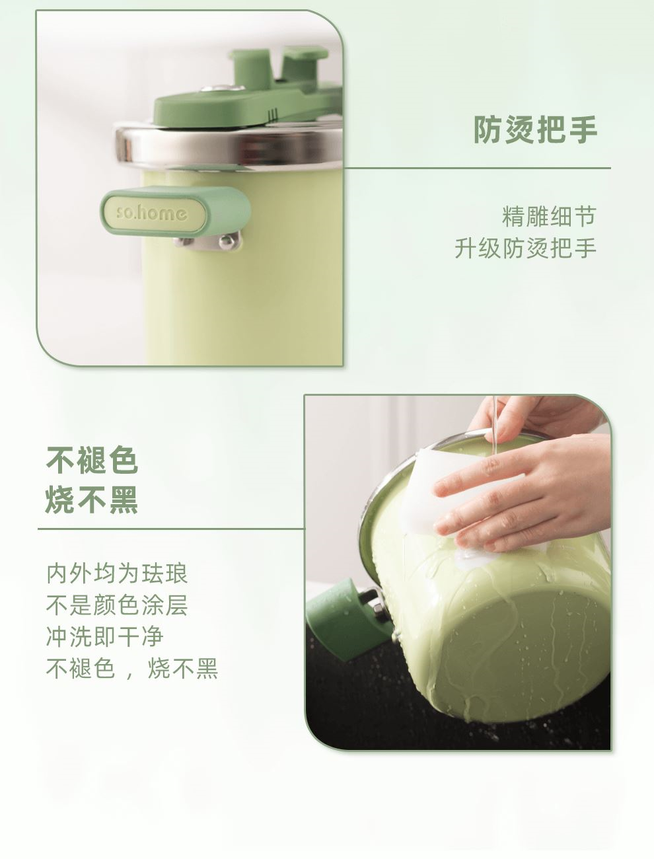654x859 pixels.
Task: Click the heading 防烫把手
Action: click(535, 130)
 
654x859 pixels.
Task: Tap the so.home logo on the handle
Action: click(152, 213)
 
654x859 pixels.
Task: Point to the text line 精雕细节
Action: click(549, 217)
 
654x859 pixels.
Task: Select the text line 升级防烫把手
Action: click(525, 248)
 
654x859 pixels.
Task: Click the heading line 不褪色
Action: click(92, 461)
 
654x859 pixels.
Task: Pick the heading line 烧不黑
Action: click(92, 500)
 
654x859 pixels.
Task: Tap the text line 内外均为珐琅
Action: click(117, 574)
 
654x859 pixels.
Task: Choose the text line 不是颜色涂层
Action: click(117, 605)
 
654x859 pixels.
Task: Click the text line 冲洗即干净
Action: click(105, 637)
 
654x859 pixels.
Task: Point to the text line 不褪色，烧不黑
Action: click(132, 669)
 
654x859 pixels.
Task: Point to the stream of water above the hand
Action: click(495, 425)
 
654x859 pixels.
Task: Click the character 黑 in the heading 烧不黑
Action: click(124, 500)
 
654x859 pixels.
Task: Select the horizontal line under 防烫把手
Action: click(477, 168)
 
